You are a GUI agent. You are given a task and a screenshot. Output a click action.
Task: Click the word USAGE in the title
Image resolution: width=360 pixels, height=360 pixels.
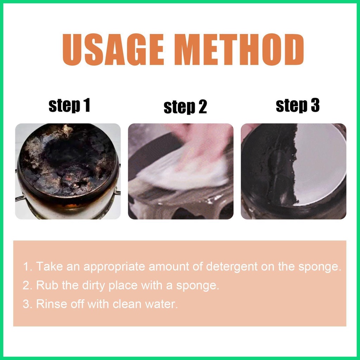click(113, 50)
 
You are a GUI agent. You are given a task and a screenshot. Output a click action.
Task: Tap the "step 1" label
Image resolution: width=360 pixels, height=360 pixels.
click(69, 105)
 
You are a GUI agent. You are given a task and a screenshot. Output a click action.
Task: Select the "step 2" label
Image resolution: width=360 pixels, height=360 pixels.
click(185, 107)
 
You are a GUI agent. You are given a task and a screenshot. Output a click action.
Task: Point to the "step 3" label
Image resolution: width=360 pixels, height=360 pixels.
click(298, 105)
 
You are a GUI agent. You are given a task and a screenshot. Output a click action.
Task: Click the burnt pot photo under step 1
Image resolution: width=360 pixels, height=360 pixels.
click(68, 171)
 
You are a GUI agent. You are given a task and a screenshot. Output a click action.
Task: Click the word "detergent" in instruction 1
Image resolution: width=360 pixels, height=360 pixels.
click(232, 267)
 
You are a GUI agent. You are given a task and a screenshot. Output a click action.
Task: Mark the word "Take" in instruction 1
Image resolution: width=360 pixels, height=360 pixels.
click(49, 266)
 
